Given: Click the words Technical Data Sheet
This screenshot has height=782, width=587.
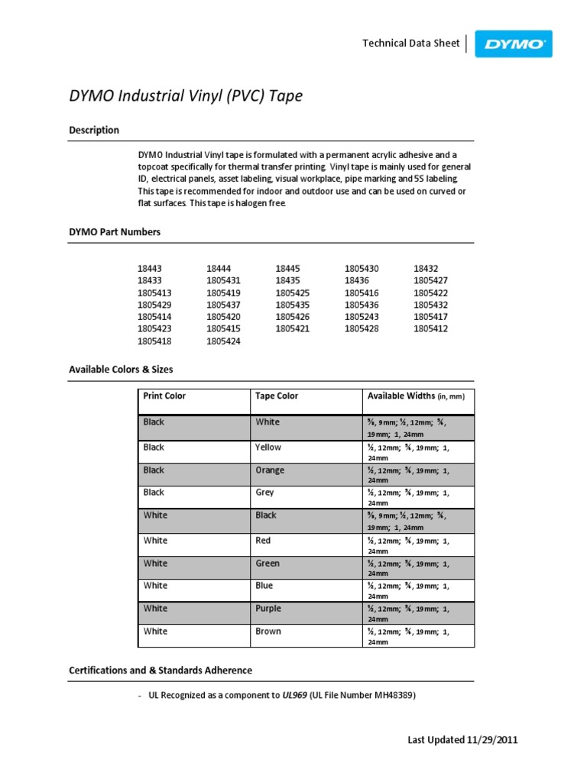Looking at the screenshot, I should coord(410,44).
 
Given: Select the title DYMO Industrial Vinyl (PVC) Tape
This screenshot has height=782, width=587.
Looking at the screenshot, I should coord(186,96).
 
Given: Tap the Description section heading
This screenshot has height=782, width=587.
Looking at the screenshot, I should coord(94,131).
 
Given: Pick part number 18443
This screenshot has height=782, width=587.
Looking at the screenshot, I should coord(150,269).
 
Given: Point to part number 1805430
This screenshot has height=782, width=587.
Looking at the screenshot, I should coord(362,269).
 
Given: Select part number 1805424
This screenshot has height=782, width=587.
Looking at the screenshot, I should coord(223,341).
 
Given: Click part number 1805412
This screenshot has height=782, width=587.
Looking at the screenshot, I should coord(430,329).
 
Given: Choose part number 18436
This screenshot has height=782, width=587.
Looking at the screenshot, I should coord(356,281).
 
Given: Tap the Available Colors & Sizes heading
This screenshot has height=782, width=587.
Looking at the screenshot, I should coord(121,370).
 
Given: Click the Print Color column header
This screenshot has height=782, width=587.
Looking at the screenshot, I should coord(164,396).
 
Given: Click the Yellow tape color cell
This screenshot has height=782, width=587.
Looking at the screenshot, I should coord(268,448).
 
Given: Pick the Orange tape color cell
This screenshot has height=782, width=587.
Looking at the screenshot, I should coord(270,470).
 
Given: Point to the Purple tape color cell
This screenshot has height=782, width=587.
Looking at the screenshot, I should coord(268,609).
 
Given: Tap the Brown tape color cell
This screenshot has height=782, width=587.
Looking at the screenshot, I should coord(268,632).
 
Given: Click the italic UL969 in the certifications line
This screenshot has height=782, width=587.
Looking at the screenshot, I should coord(294,696).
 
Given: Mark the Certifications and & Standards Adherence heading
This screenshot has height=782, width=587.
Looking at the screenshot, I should coord(161,671).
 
